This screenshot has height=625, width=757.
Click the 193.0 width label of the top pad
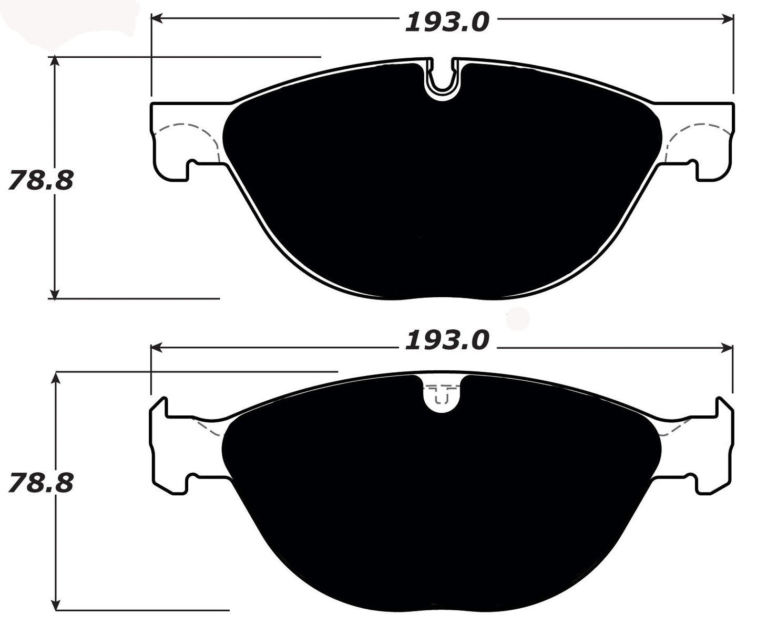tap(447, 22)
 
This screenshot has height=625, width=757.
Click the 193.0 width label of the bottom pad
tap(447, 340)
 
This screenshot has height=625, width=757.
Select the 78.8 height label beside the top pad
tap(40, 181)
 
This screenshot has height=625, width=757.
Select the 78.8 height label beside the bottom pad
tap(40, 483)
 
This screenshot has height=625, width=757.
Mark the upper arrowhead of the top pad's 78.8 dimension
tap(54, 61)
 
